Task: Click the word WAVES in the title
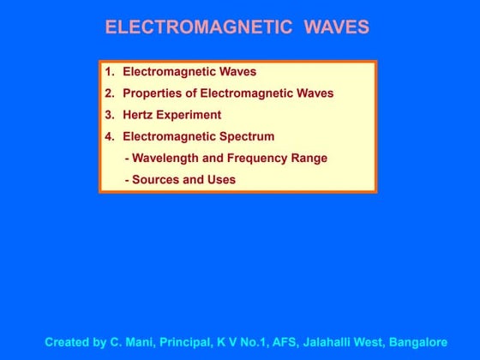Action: coord(337,27)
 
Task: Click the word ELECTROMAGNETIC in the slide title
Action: coord(199,27)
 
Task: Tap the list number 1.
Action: coord(108,72)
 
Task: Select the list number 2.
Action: coord(108,93)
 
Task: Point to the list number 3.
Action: coord(108,115)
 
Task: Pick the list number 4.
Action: coord(108,136)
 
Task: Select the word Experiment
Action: coord(191,115)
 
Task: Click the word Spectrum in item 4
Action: coord(245,136)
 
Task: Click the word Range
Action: coord(310,158)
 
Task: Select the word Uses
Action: coord(220,180)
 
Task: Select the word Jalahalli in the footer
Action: coord(331,341)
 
